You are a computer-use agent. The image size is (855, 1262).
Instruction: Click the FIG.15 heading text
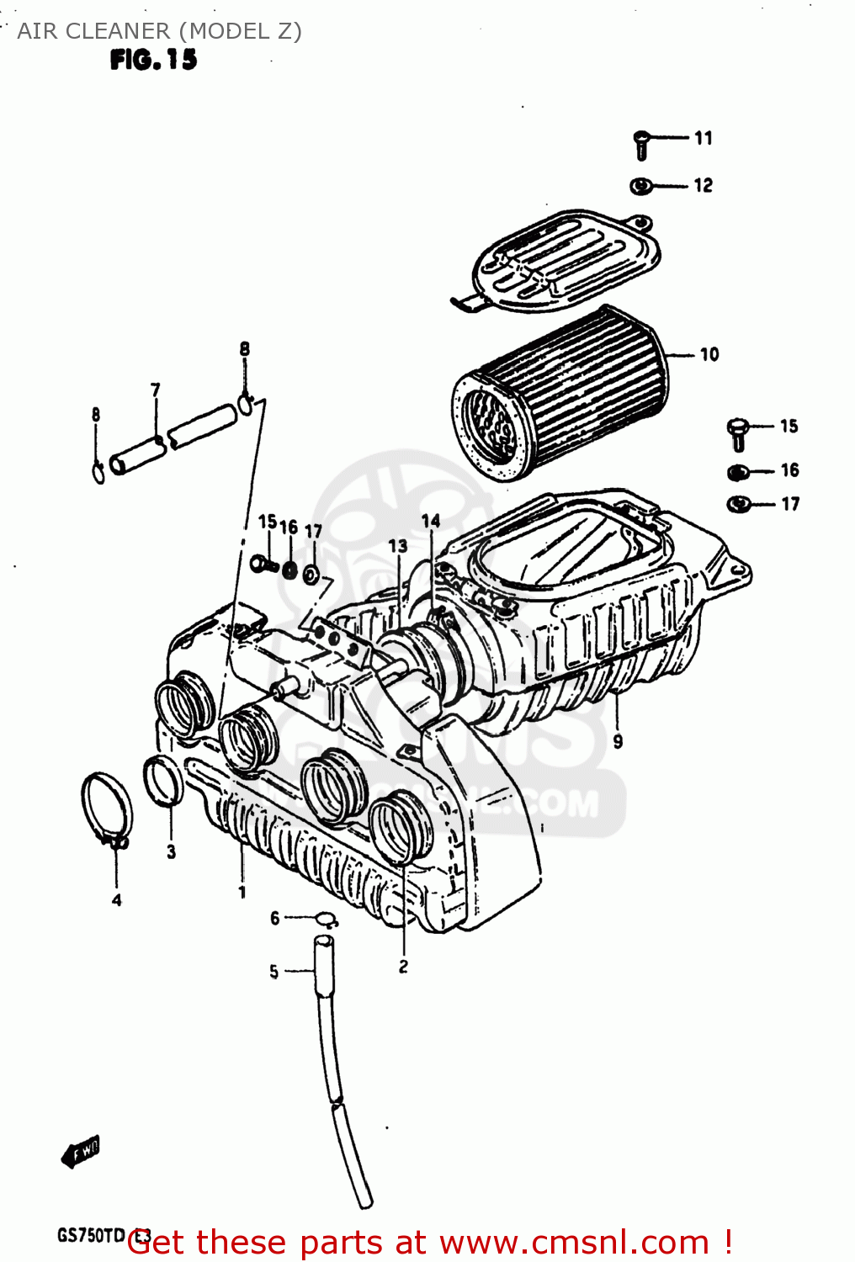153,60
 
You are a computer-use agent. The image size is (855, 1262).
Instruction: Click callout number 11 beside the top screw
704,138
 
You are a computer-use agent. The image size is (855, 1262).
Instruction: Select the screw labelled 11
641,145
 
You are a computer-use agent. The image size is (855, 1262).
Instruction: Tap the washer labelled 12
640,186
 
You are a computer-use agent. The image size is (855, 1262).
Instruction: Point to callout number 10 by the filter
709,355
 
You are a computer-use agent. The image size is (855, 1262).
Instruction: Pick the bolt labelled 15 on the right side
737,432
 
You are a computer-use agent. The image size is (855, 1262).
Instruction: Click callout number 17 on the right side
790,504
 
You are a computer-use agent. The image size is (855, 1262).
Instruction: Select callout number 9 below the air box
618,741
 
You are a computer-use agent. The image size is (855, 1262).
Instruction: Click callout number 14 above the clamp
431,522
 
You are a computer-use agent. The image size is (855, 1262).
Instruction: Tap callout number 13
398,546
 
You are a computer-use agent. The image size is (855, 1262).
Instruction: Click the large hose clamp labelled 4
108,808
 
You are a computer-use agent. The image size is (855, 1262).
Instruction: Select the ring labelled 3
162,780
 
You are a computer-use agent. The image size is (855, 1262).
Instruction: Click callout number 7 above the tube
156,390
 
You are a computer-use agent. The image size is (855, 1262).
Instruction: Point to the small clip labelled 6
327,919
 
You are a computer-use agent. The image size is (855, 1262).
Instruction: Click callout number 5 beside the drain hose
273,972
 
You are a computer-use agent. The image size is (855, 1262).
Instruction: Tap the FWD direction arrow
81,1152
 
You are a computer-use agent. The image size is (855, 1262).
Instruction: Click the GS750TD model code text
91,1236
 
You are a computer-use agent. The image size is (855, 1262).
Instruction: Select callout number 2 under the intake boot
403,966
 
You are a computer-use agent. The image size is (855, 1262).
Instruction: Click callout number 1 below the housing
242,892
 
